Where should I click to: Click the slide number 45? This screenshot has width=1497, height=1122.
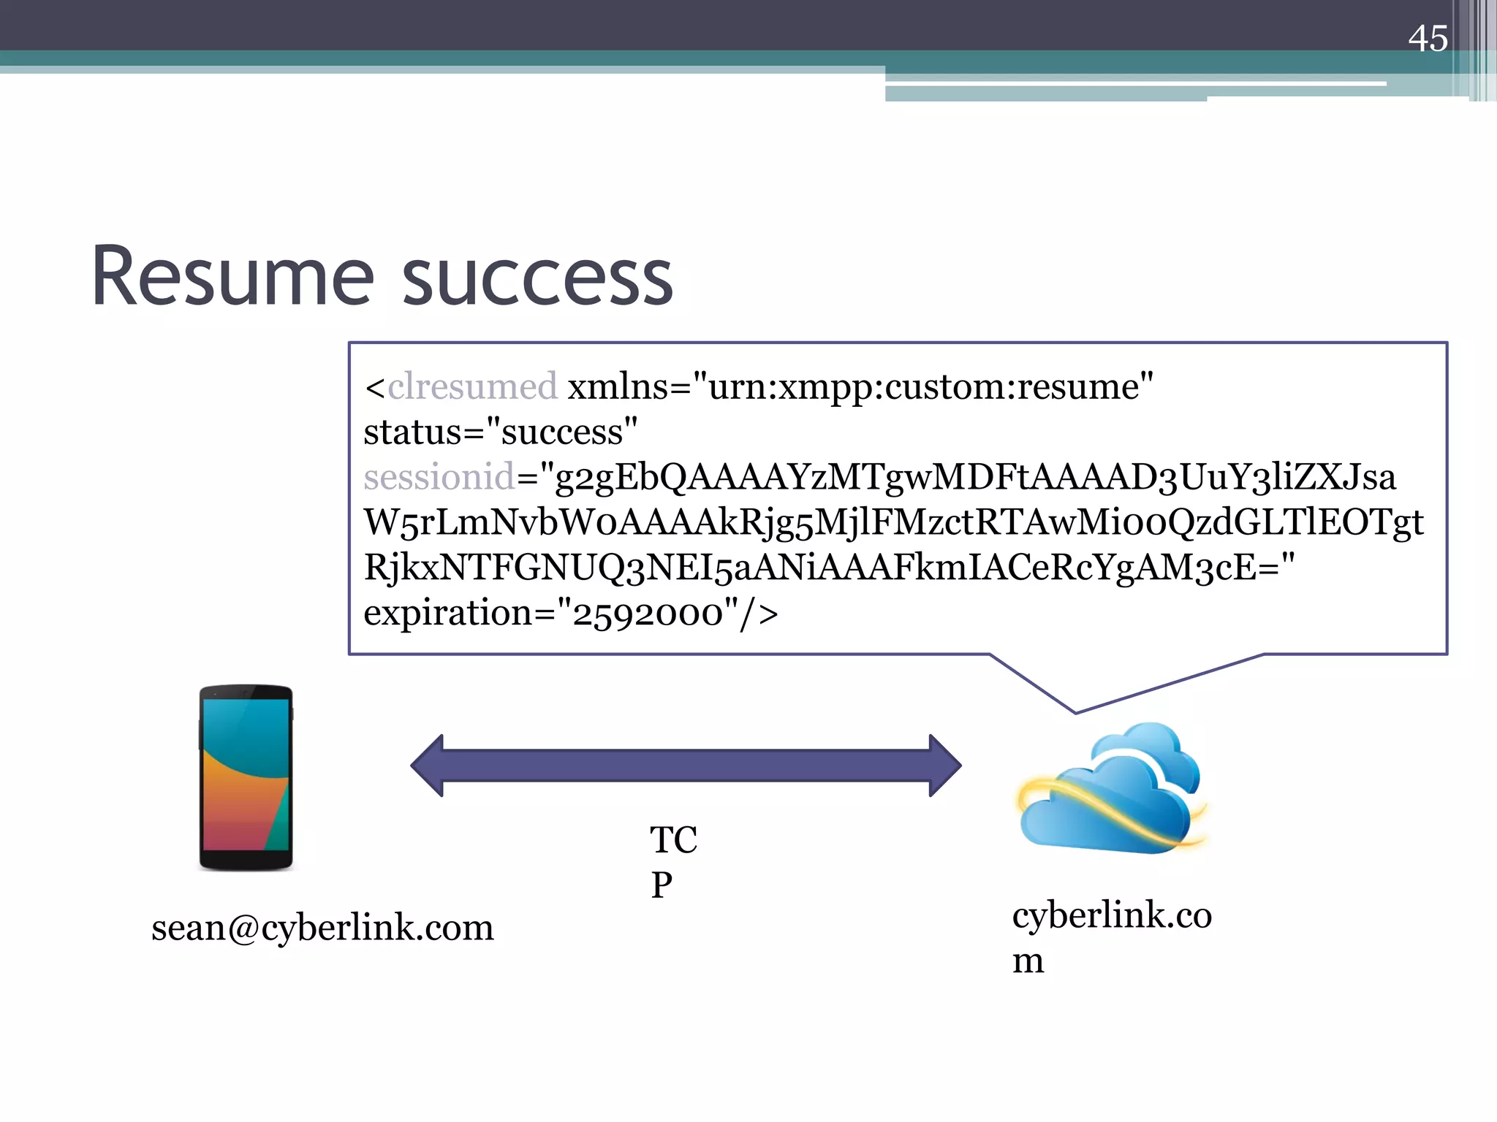1428,38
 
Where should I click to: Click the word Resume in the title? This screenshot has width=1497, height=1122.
232,278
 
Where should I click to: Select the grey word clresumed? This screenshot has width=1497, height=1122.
472,386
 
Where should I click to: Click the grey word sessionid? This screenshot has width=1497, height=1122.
439,477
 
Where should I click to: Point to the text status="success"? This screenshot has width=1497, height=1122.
501,432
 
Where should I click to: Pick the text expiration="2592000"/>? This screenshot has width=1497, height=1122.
570,613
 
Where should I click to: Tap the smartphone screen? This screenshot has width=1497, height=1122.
246,774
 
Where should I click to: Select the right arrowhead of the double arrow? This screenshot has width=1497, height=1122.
944,766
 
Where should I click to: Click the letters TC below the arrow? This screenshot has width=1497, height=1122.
673,840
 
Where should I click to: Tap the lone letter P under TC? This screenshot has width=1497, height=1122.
662,885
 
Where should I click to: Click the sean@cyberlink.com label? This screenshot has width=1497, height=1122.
322,928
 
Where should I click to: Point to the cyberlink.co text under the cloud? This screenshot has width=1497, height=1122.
1112,915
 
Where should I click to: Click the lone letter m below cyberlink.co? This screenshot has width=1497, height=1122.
1028,961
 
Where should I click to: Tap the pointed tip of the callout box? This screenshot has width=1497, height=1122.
1075,711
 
